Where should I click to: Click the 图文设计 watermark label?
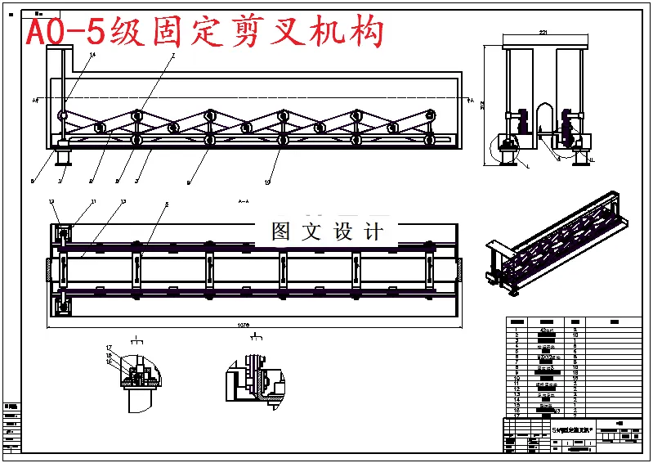(x=327, y=231)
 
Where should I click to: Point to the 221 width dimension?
(x=542, y=32)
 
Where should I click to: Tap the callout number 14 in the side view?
(x=92, y=55)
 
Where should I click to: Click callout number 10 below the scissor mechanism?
(x=266, y=182)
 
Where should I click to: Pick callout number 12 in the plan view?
(x=51, y=201)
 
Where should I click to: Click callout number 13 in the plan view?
(x=123, y=201)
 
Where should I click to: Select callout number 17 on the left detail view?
(x=108, y=348)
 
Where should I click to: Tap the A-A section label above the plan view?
(x=243, y=200)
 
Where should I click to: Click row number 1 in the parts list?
(x=517, y=330)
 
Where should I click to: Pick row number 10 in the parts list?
(x=517, y=379)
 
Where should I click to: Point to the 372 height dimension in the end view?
(x=483, y=105)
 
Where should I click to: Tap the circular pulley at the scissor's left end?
(x=63, y=116)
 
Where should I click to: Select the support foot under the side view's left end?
(x=61, y=155)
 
